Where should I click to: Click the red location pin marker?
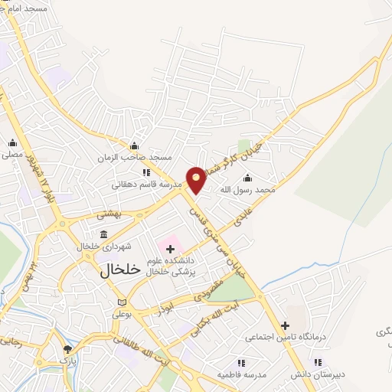tap(197, 178)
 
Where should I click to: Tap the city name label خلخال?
tap(122, 269)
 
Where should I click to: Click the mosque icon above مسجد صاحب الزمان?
tap(135, 146)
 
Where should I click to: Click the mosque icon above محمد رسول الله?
tap(247, 178)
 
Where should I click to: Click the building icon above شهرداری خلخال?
tap(104, 235)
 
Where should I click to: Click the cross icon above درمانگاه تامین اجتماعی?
tap(284, 325)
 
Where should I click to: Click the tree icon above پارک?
tap(68, 348)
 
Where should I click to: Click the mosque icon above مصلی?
tap(11, 143)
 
